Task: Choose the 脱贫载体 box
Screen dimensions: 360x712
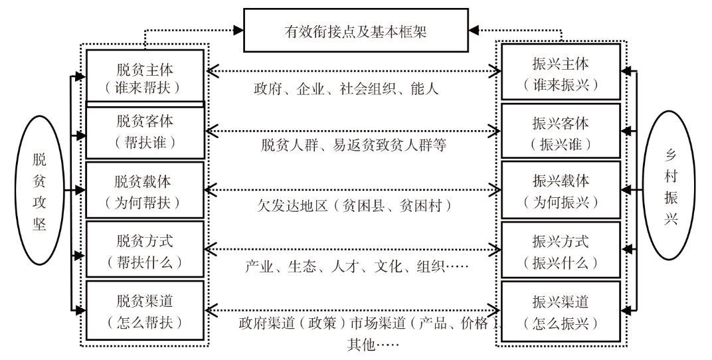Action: (x=145, y=191)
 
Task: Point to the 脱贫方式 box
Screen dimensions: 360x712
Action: (x=145, y=249)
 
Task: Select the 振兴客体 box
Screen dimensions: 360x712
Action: (x=561, y=132)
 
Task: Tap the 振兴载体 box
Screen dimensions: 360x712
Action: (x=561, y=191)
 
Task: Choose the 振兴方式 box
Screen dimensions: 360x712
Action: (x=561, y=250)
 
